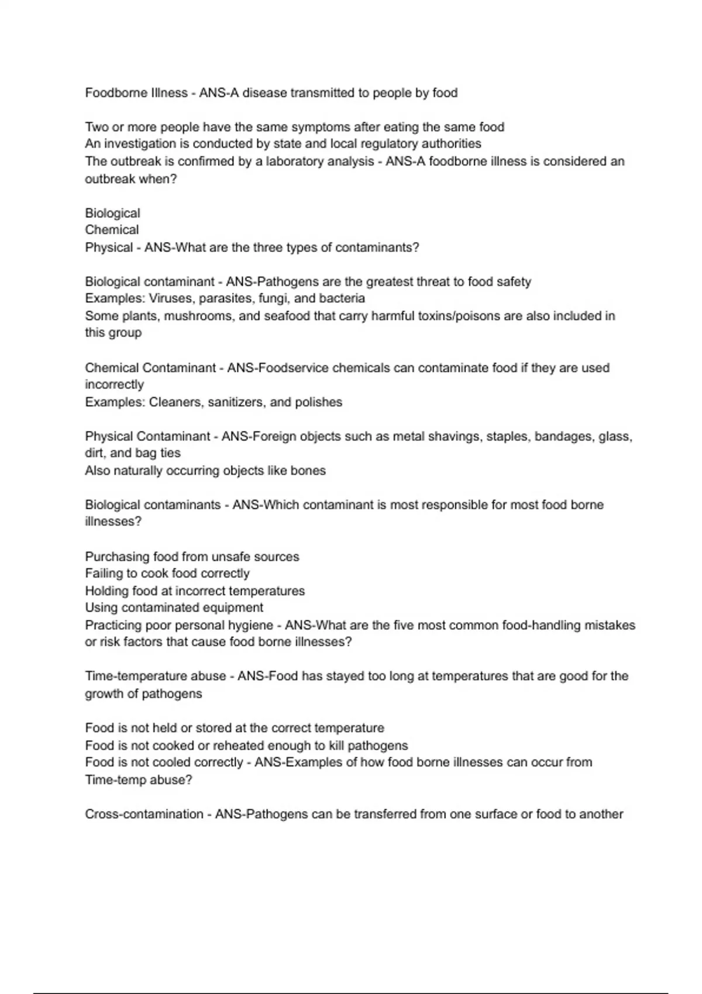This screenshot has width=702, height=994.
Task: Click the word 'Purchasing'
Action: click(x=117, y=557)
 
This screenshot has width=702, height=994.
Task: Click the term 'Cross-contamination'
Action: click(x=144, y=814)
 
